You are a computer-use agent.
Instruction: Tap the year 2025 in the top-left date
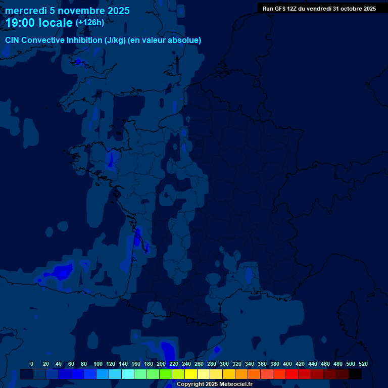coord(116,11)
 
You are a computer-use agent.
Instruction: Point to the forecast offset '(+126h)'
coord(90,22)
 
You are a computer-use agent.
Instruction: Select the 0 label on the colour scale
coord(32,364)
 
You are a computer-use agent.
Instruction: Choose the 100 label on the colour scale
coord(98,364)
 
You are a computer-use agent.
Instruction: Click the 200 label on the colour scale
coord(161,364)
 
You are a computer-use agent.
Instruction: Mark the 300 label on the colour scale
coord(224,364)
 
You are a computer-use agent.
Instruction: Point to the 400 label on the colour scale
coord(287,364)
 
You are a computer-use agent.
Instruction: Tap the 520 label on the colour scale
coord(363,364)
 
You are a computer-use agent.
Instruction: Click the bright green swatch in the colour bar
coord(166,374)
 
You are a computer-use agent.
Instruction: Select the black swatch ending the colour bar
coord(355,374)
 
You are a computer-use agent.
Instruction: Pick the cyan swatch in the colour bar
coord(128,374)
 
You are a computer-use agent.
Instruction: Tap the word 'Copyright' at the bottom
coord(190,384)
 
